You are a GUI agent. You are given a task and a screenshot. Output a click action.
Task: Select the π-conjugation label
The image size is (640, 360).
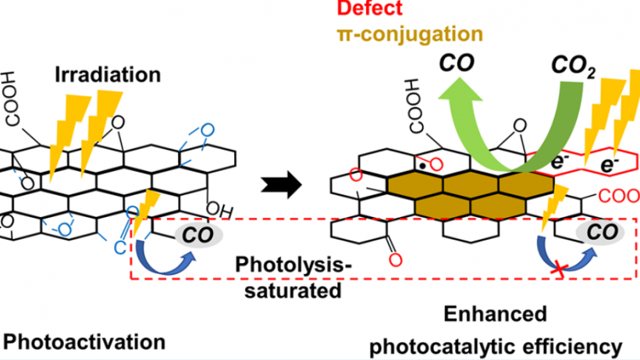point(400,34)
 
